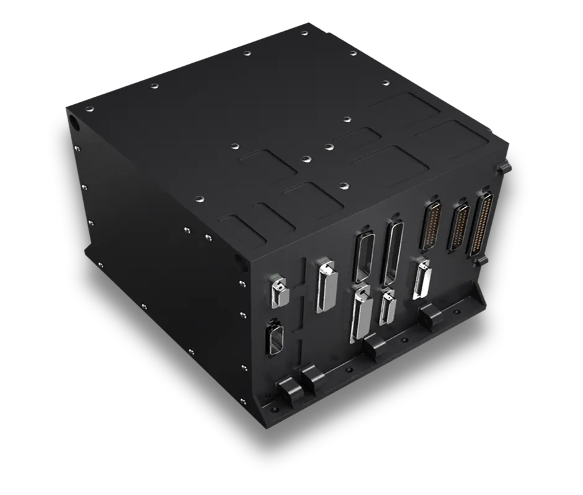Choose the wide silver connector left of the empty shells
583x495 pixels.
click(x=325, y=285)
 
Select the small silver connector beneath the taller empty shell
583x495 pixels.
click(x=388, y=306)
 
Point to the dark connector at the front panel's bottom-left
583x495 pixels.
click(x=273, y=339)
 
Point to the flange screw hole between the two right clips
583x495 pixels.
click(x=404, y=341)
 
